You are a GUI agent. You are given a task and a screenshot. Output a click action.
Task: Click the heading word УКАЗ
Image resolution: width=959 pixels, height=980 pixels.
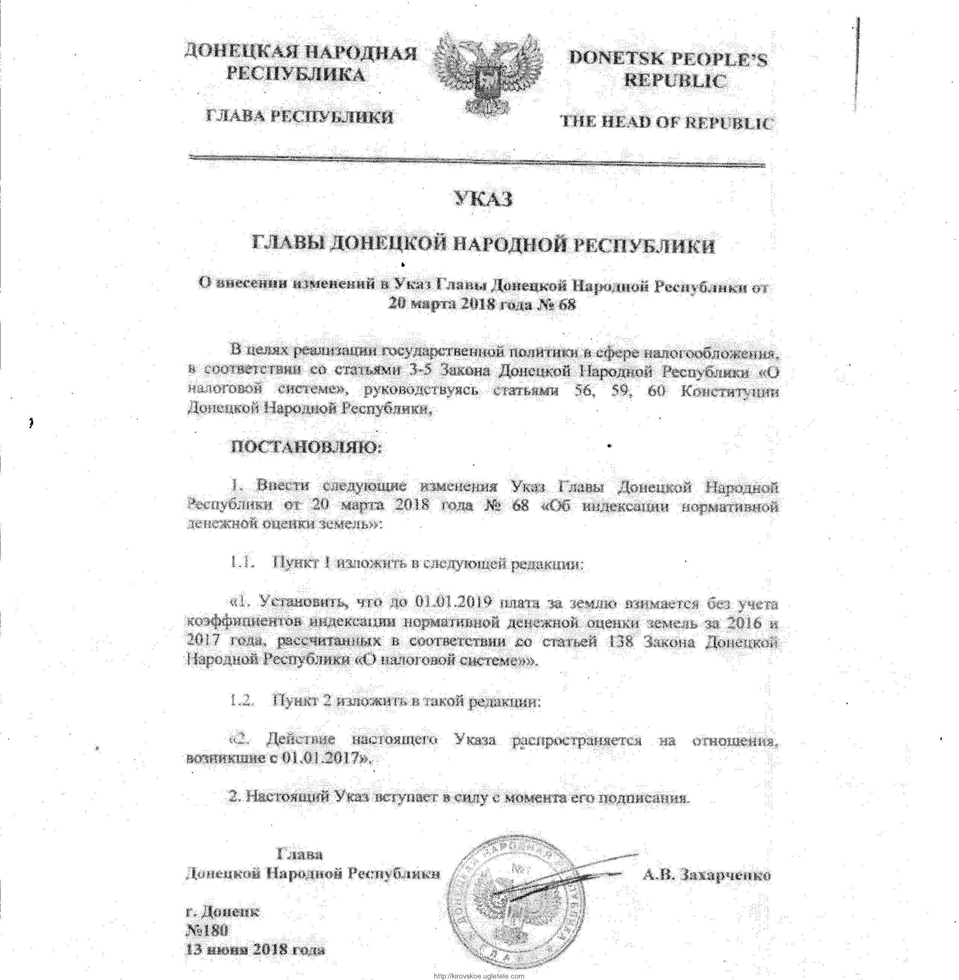tap(484, 199)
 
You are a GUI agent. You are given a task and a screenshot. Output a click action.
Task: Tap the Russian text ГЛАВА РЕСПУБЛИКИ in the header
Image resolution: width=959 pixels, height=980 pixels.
tap(299, 117)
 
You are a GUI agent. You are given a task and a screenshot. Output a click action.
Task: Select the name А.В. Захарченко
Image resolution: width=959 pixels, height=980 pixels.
tap(707, 875)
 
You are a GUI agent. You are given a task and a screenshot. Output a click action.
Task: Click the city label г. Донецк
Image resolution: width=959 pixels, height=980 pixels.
tap(223, 910)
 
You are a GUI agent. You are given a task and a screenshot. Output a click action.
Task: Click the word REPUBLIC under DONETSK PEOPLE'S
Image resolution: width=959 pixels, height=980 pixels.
tap(675, 80)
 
